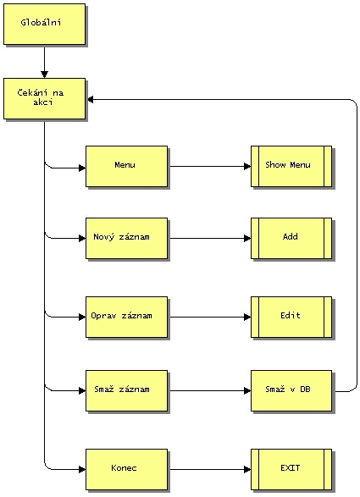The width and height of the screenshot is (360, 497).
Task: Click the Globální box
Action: (44, 24)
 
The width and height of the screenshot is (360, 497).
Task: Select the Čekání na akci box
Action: (44, 99)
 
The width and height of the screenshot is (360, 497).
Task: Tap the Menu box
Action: (126, 167)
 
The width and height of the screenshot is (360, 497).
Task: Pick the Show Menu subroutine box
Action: (291, 167)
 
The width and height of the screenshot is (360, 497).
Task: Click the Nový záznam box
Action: (126, 239)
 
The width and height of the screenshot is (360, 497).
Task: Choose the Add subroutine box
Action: (291, 239)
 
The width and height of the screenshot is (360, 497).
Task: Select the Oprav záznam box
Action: (126, 317)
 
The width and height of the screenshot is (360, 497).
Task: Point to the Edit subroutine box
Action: (291, 317)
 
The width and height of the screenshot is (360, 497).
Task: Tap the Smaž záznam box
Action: (126, 391)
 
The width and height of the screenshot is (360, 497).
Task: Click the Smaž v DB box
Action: (291, 391)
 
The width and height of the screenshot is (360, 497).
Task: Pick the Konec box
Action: (126, 469)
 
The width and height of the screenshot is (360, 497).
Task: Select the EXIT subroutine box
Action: (291, 469)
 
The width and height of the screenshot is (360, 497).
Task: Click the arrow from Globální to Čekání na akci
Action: (44, 63)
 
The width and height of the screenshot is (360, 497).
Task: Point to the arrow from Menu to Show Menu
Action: (210, 167)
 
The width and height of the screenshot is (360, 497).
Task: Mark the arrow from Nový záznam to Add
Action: (210, 239)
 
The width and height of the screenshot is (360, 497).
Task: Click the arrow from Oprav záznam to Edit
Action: (210, 317)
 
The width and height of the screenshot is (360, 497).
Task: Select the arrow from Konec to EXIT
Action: (210, 469)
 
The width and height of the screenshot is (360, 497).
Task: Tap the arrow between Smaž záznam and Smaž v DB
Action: (210, 391)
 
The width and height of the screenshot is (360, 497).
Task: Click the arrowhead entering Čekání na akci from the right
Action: (91, 100)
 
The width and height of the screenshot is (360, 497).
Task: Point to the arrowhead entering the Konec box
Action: (82, 469)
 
